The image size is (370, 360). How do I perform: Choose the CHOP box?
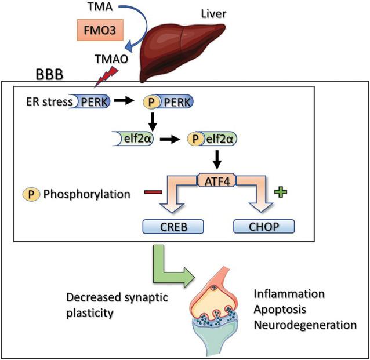[263, 225]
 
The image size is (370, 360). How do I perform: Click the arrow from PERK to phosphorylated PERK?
[123, 102]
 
